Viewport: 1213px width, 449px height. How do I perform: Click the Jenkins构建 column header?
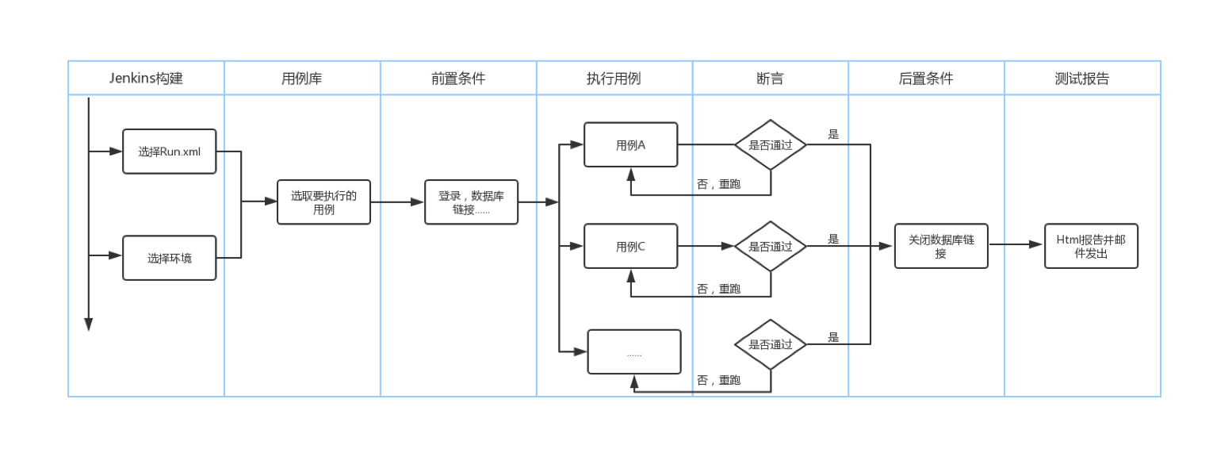point(146,79)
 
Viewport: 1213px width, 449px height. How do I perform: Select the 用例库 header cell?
point(302,79)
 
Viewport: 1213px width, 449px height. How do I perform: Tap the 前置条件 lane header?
point(458,79)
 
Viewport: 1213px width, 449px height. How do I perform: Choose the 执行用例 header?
point(614,79)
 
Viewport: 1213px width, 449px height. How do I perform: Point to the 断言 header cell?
point(771,79)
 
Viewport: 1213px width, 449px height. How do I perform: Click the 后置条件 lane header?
point(926,79)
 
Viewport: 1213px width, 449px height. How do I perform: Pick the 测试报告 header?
point(1082,79)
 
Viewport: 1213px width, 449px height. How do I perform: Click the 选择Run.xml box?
point(170,152)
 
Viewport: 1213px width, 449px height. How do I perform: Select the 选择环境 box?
point(170,258)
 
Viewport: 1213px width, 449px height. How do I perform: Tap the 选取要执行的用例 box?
point(323,202)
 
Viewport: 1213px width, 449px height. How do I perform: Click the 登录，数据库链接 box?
point(471,202)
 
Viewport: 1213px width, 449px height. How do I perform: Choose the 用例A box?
point(631,145)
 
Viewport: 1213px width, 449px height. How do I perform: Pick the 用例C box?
point(631,247)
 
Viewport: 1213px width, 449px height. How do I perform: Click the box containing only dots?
point(634,352)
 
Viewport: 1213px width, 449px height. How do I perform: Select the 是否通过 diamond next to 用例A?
point(771,145)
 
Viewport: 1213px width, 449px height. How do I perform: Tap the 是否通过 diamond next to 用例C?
point(771,247)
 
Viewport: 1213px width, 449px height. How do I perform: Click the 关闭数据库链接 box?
point(941,246)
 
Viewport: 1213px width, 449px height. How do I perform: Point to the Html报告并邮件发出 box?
point(1091,246)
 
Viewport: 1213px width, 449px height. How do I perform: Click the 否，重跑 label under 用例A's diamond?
point(718,184)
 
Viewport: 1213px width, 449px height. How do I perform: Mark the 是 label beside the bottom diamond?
point(833,336)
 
